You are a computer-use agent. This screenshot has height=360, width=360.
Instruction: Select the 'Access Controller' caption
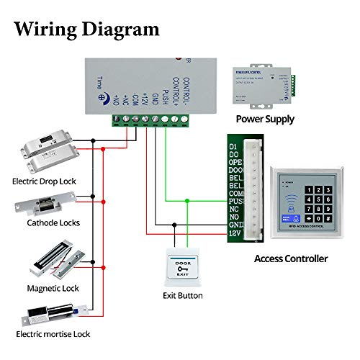(x=291, y=258)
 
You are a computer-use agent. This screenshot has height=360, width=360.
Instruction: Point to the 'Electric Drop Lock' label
(x=44, y=181)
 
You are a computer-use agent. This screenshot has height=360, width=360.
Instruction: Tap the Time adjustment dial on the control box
(x=103, y=98)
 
